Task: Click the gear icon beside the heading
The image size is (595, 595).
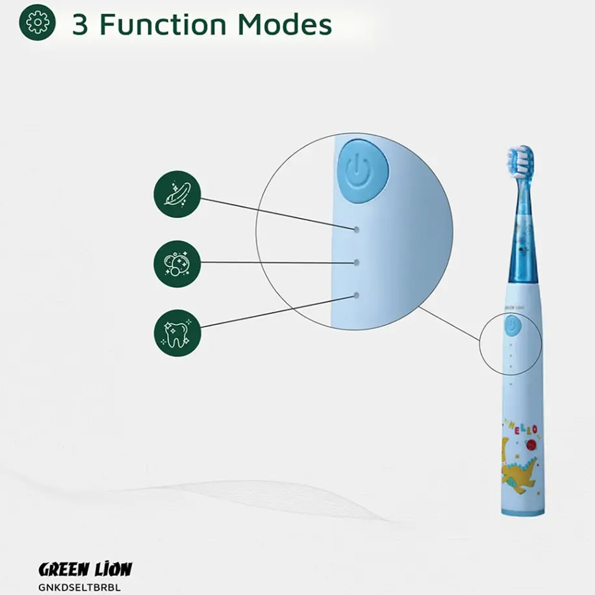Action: (x=37, y=23)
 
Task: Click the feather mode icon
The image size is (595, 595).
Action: (x=177, y=195)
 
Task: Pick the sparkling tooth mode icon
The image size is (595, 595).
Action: (x=177, y=333)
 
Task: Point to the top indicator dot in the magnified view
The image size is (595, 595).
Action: (x=357, y=229)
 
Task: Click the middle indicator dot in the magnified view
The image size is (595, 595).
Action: (x=357, y=262)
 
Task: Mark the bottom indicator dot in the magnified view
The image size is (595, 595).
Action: (x=357, y=296)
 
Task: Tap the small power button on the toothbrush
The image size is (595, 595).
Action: (x=513, y=326)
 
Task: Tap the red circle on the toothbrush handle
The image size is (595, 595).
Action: (x=531, y=453)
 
